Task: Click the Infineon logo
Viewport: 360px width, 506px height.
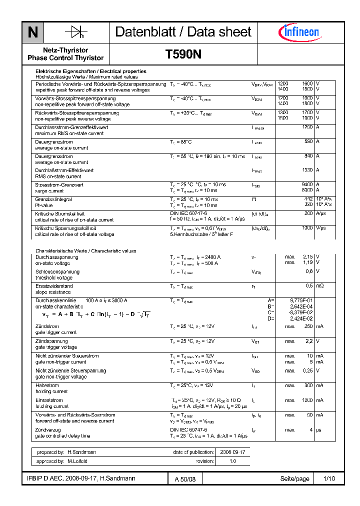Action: pos(298,32)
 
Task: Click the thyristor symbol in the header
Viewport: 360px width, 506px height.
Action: pos(76,32)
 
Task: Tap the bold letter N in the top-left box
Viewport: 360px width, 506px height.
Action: pos(33,32)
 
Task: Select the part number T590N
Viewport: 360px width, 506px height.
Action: pos(183,54)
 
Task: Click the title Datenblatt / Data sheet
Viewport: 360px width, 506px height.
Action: pos(183,32)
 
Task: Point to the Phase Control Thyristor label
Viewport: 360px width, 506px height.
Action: pos(65,58)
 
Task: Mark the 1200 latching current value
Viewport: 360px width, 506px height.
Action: pos(306,400)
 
